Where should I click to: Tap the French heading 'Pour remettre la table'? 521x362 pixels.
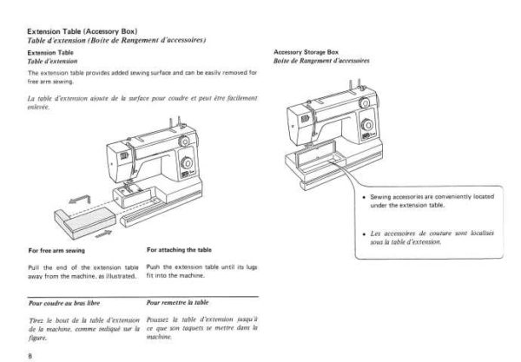[176, 306]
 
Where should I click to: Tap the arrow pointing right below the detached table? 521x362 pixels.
[102, 234]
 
